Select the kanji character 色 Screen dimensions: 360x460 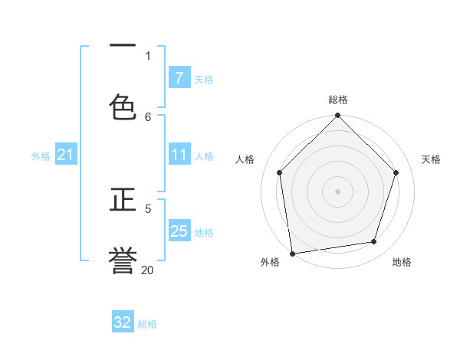tap(123, 106)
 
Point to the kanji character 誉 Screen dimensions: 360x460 tap(123, 260)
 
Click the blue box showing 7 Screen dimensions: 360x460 tap(179, 78)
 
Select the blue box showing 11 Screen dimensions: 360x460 tap(179, 155)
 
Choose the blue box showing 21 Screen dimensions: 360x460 tap(66, 155)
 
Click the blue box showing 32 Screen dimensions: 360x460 tap(123, 322)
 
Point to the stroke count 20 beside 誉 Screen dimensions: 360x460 tap(147, 270)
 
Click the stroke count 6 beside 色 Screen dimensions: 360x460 tap(148, 116)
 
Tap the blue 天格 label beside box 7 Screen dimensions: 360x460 tap(204, 79)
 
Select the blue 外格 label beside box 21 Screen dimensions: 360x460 tap(41, 156)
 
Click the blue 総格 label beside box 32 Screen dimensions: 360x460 tap(147, 324)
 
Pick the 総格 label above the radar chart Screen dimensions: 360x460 tap(338, 100)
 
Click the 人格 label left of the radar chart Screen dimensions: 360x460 tap(245, 159)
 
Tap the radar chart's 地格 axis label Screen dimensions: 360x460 tap(402, 262)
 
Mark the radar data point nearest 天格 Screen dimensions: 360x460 tap(396, 172)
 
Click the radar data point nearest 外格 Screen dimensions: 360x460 tap(292, 253)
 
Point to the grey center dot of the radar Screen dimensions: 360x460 tap(338, 191)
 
